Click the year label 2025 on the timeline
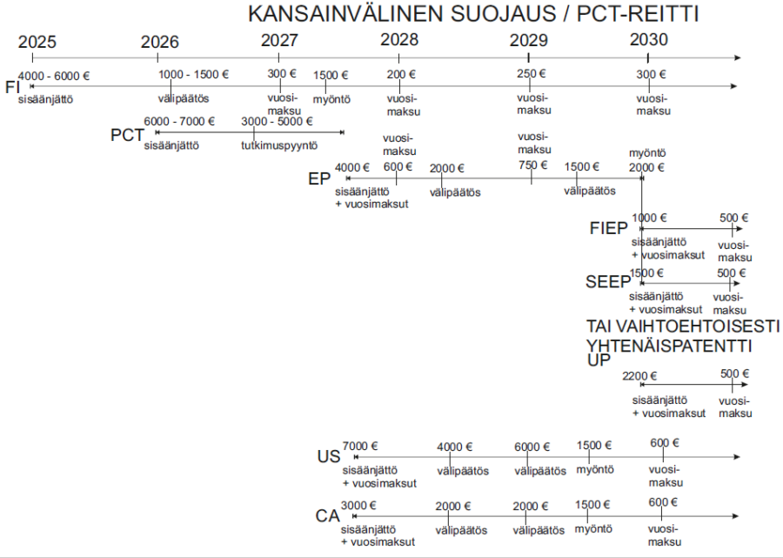[37, 42]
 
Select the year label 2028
[399, 39]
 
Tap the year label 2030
[648, 39]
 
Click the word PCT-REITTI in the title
[637, 14]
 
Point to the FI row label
[11, 87]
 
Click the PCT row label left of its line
[127, 135]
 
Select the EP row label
[319, 178]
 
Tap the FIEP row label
[608, 228]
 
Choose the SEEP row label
[608, 282]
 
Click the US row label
[328, 457]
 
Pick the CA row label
[327, 516]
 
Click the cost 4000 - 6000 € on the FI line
[54, 76]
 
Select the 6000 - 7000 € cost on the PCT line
[179, 121]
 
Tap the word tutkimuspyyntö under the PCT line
[279, 146]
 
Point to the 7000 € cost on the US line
[360, 446]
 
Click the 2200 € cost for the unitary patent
[639, 376]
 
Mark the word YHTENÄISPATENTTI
[669, 346]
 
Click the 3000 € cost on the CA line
[358, 505]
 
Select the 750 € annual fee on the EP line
[532, 165]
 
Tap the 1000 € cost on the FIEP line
[649, 218]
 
